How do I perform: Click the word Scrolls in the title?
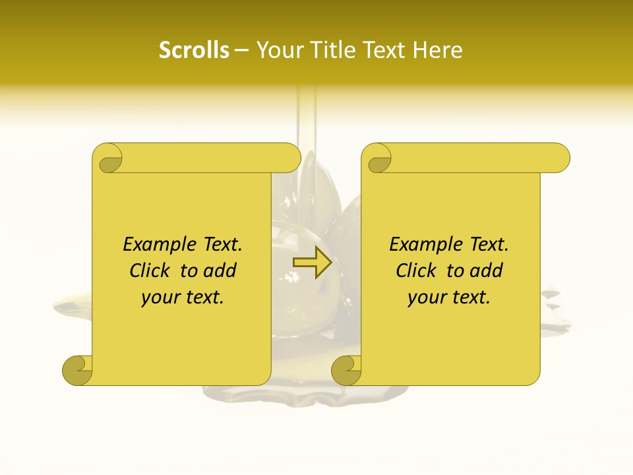(x=194, y=50)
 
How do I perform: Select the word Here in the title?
(x=438, y=50)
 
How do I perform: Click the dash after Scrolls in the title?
(x=242, y=50)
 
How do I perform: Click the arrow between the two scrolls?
(x=312, y=263)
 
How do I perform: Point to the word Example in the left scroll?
(x=153, y=244)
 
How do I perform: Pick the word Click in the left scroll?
(x=144, y=270)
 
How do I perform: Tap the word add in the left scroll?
(x=220, y=270)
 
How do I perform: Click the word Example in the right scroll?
(x=419, y=244)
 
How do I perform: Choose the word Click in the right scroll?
(x=411, y=270)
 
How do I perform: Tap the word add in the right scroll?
(x=487, y=270)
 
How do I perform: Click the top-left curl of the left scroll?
(x=107, y=158)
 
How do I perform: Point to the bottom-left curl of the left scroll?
(x=76, y=370)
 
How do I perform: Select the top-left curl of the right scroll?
(x=377, y=158)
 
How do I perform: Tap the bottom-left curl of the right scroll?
(x=346, y=370)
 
